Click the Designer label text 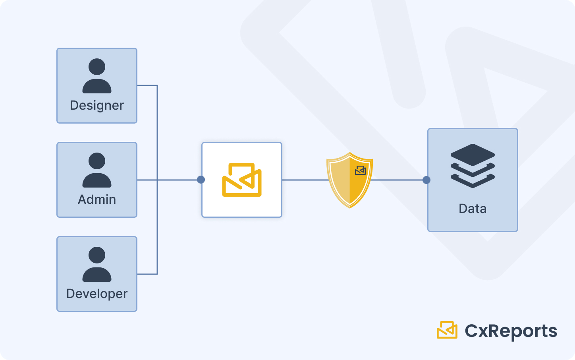pos(97,105)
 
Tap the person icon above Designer pos(97,76)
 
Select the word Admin pos(97,199)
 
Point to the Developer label pos(97,294)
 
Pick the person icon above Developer pos(97,264)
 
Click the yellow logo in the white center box pos(242,180)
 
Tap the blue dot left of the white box pos(201,180)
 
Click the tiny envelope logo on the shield pos(360,170)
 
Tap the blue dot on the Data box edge pos(426,180)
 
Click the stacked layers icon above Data pos(473,165)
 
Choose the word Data pos(473,209)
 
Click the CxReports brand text pos(511,331)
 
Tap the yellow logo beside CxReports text pos(447,330)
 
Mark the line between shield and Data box pos(397,180)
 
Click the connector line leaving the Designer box pos(147,85)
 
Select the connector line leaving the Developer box pos(147,274)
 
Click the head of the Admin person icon pos(97,161)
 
